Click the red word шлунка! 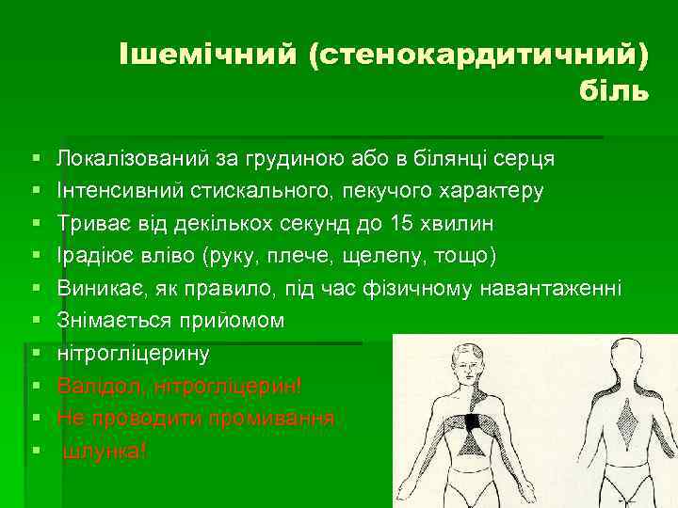(x=105, y=451)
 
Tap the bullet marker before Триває (x=34, y=224)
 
